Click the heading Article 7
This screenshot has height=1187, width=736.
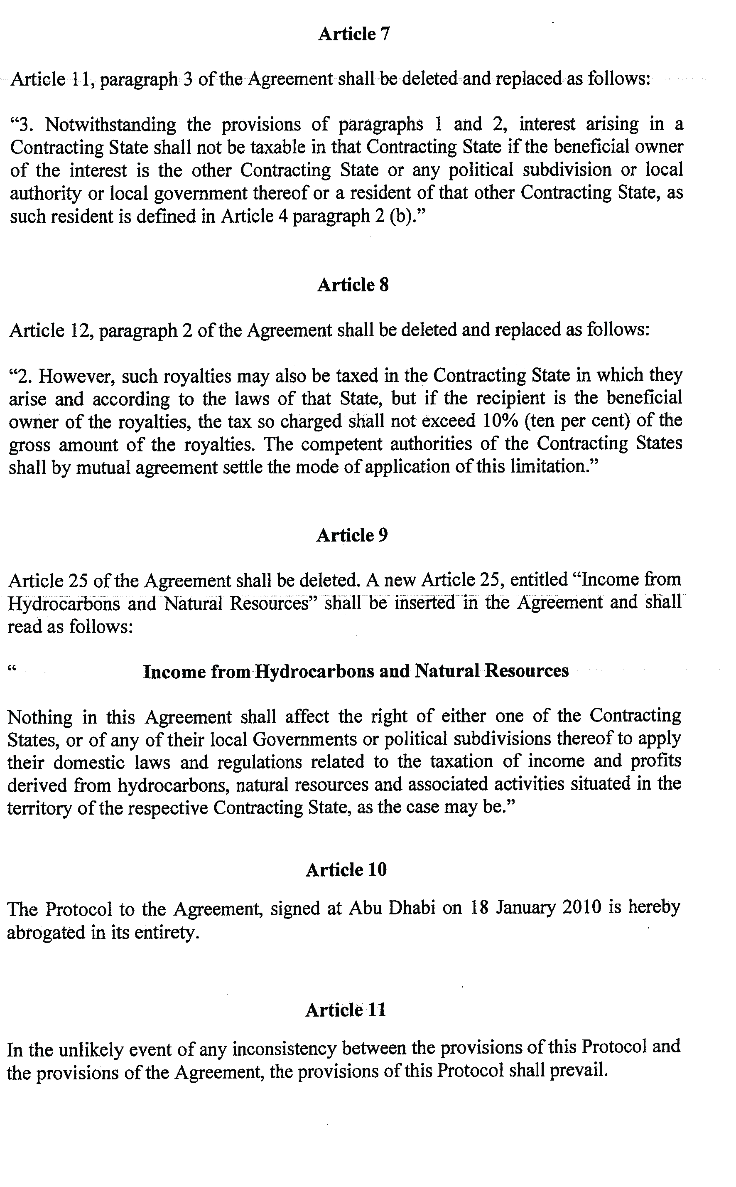[354, 34]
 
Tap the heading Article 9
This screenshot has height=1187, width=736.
[352, 535]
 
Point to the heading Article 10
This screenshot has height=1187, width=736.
[346, 869]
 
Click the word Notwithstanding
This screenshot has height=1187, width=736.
[111, 125]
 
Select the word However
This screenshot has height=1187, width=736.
[76, 376]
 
